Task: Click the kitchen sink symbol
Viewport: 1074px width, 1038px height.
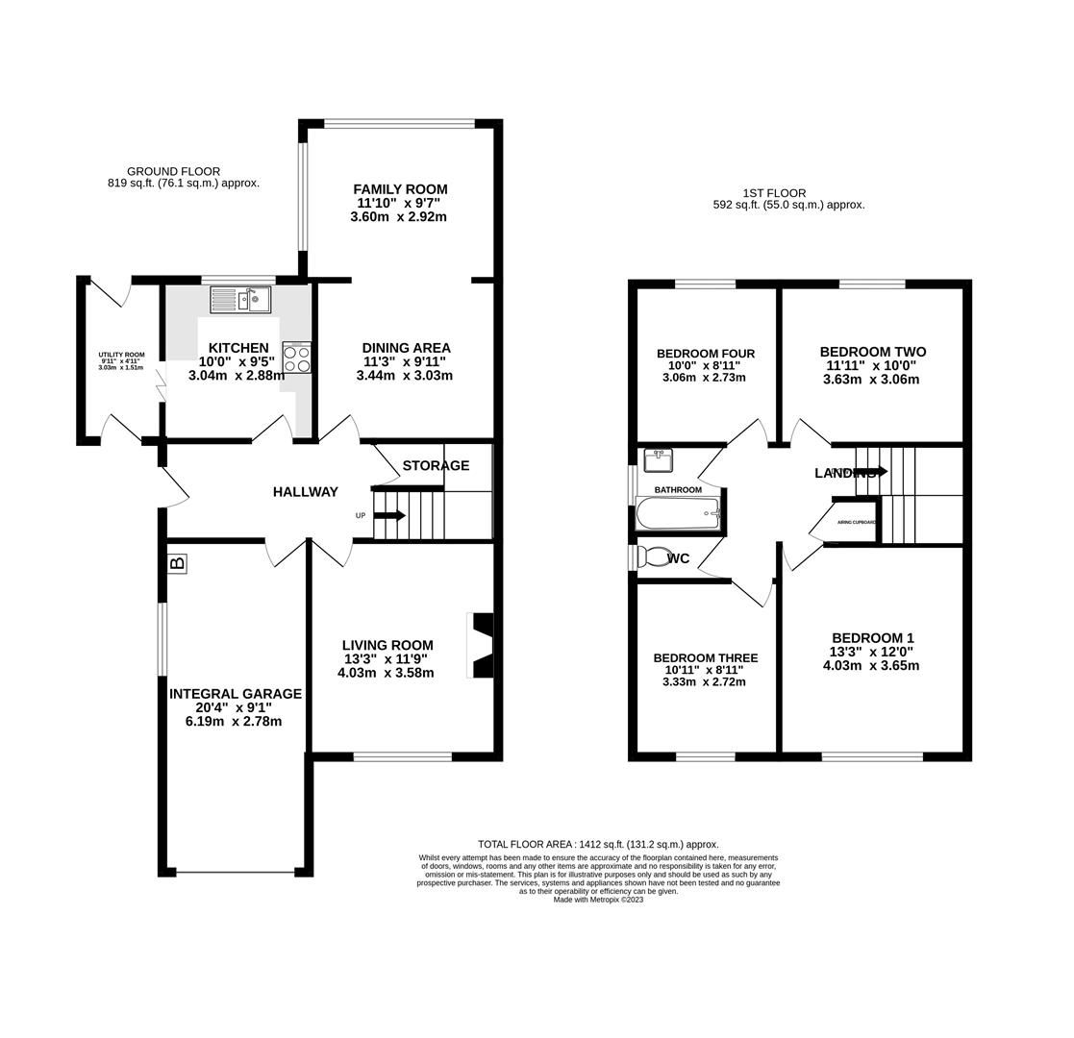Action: click(240, 300)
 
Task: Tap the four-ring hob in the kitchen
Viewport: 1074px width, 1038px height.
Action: click(296, 358)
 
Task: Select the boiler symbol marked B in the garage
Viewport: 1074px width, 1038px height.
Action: click(177, 563)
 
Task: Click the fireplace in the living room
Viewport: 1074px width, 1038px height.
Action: click(481, 645)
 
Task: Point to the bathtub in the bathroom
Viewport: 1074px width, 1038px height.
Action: click(678, 514)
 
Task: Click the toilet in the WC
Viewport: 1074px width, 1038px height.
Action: click(656, 556)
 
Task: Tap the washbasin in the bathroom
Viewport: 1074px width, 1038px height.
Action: click(658, 460)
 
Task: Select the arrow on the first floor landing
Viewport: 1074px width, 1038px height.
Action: click(870, 472)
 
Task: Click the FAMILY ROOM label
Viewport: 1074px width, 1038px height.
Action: click(400, 189)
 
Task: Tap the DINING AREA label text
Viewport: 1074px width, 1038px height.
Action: click(406, 348)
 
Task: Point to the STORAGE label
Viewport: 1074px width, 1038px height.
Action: click(436, 466)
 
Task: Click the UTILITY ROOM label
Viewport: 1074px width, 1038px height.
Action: click(121, 355)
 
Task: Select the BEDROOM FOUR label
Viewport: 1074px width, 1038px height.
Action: click(705, 354)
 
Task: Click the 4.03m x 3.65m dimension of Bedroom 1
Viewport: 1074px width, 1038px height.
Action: click(871, 666)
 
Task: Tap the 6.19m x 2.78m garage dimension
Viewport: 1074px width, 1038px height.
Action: click(234, 722)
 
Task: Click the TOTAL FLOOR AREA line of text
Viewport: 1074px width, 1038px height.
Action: click(598, 845)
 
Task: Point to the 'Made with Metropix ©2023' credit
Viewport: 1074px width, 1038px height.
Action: click(598, 901)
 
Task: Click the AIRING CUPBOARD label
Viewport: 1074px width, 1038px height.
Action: click(856, 522)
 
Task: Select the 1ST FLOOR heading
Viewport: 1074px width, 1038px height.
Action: click(774, 193)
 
